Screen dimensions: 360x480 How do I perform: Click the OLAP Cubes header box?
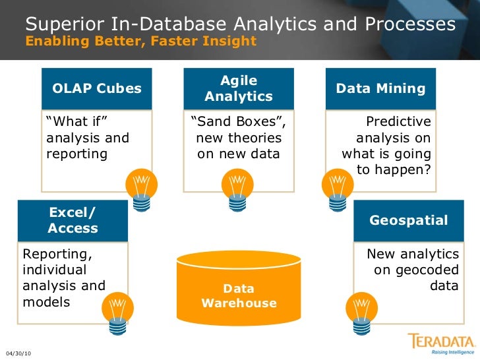point(96,88)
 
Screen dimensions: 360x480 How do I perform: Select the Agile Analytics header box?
point(238,88)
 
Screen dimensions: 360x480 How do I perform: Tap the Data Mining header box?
point(380,88)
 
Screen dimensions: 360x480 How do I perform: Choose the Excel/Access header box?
point(73,221)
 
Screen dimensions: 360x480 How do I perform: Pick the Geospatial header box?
point(408,221)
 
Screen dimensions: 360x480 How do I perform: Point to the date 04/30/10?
point(18,353)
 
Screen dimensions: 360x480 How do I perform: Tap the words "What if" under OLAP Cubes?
point(76,122)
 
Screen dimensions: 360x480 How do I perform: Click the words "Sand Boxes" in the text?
point(239,122)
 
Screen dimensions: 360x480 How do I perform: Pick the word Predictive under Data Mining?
point(398,122)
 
